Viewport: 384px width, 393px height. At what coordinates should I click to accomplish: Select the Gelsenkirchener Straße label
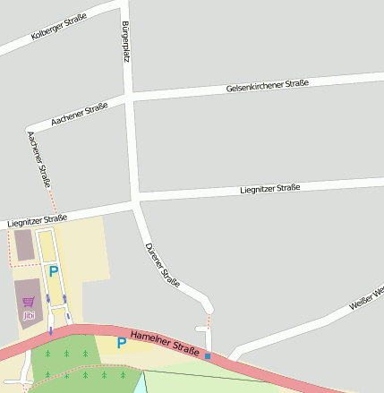click(268, 86)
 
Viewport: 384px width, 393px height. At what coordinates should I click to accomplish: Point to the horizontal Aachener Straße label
click(80, 113)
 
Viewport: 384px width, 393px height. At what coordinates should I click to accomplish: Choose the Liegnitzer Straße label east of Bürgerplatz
click(269, 189)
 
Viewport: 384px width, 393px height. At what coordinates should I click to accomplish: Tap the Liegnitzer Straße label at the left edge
click(37, 221)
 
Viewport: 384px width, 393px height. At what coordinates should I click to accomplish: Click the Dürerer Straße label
click(162, 266)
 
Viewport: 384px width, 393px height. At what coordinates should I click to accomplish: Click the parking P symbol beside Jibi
click(53, 271)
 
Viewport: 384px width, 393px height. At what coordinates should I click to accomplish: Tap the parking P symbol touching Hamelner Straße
click(122, 342)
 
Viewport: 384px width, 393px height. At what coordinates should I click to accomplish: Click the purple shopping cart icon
click(29, 302)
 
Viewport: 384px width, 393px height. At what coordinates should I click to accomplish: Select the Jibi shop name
click(29, 315)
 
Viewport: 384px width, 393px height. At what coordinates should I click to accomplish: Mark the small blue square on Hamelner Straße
click(208, 356)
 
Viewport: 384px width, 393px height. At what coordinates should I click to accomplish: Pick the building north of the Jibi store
click(23, 244)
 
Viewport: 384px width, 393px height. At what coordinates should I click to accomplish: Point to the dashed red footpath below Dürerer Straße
click(209, 320)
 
